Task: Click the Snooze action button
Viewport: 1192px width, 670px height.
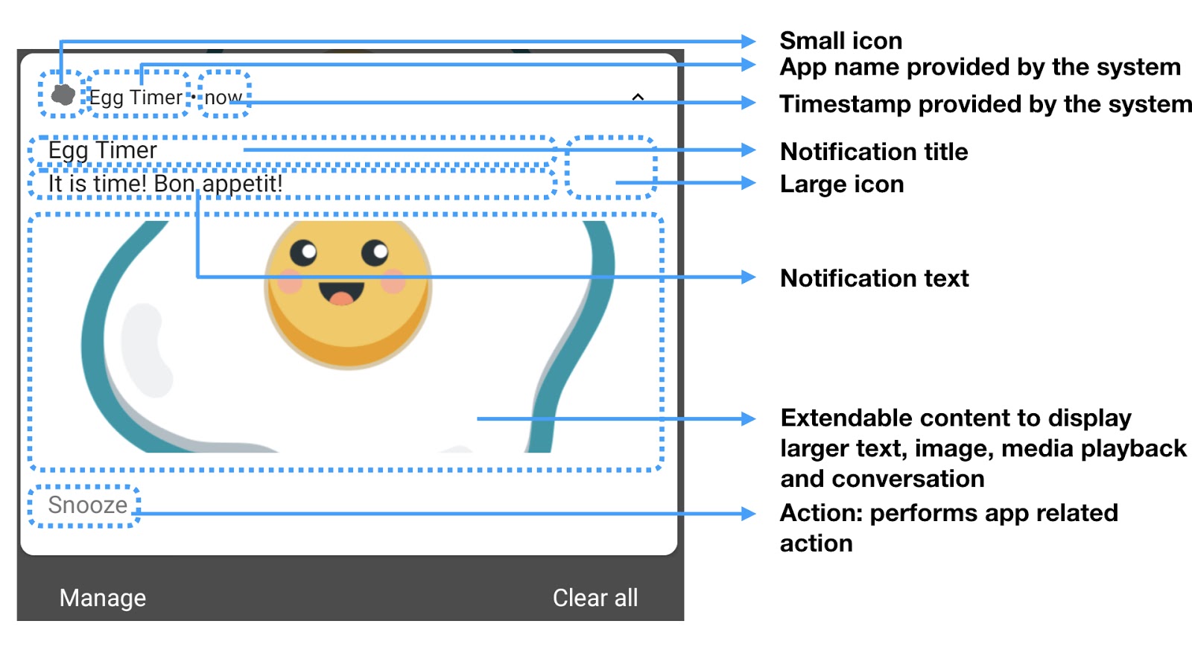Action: pos(87,505)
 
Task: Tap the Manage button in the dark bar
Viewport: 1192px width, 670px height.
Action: pos(103,598)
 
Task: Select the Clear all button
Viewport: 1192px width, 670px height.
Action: pos(595,598)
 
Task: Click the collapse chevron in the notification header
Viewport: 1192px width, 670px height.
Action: pos(638,98)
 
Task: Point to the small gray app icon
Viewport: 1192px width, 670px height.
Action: pos(63,95)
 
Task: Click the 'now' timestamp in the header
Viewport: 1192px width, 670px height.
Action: pos(223,98)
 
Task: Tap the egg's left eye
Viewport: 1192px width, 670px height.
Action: pos(303,253)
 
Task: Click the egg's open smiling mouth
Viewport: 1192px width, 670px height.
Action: pos(341,293)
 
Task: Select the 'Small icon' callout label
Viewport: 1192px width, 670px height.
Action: pos(840,40)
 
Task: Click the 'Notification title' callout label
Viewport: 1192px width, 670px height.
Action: pos(874,152)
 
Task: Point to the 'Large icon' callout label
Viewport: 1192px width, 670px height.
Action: pos(842,185)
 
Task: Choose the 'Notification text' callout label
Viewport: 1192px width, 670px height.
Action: pos(874,278)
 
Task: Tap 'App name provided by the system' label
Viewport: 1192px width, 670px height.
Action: pos(980,67)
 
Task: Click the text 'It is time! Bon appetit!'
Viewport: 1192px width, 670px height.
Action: pos(165,183)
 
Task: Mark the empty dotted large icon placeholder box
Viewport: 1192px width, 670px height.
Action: pos(611,167)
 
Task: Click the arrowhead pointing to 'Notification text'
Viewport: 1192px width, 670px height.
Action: pos(749,278)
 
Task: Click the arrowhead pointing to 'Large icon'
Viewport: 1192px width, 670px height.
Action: pos(749,182)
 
